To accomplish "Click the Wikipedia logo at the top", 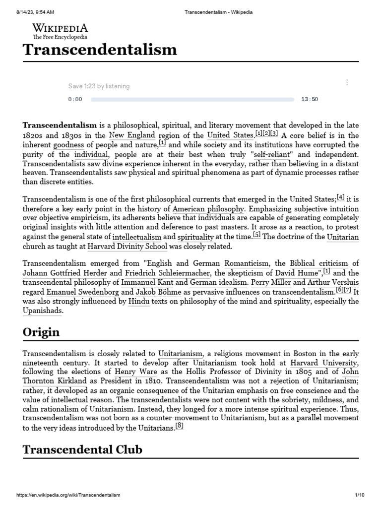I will tap(60, 31).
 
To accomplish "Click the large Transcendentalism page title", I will tap(100, 50).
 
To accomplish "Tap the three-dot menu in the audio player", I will tap(347, 82).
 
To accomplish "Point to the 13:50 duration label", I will tap(310, 99).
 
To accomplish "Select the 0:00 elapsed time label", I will tap(75, 99).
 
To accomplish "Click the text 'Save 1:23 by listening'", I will tap(99, 86).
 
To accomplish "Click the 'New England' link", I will tap(132, 135).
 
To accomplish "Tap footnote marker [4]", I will tap(341, 197).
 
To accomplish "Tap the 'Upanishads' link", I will tap(42, 311).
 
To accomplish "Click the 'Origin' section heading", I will tap(41, 332).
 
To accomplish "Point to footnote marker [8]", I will tap(180, 426).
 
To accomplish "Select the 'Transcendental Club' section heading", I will tap(82, 449).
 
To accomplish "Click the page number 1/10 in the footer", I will tap(360, 495).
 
